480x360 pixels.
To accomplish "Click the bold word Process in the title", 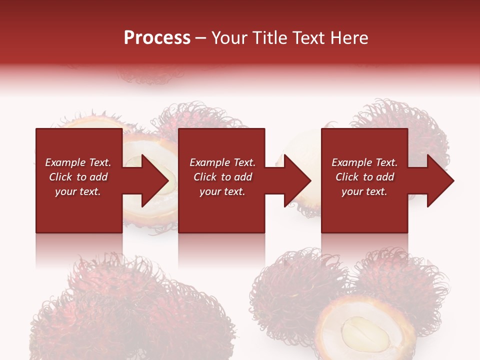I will tap(157, 38).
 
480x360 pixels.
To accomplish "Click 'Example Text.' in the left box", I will tap(78, 162).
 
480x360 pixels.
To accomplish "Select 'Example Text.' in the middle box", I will tap(222, 162).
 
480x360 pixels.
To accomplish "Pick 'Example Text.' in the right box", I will tap(364, 162).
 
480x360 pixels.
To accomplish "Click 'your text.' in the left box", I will tap(78, 191).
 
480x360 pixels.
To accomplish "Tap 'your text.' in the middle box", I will tap(222, 191).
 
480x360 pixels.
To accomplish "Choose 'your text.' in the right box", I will tap(364, 191).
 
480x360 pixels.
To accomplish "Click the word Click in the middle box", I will tap(205, 177).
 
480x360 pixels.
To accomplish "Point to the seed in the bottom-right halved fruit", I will tap(365, 333).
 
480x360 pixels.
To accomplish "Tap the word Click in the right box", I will tap(347, 177).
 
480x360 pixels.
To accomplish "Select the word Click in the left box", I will tap(60, 177).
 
